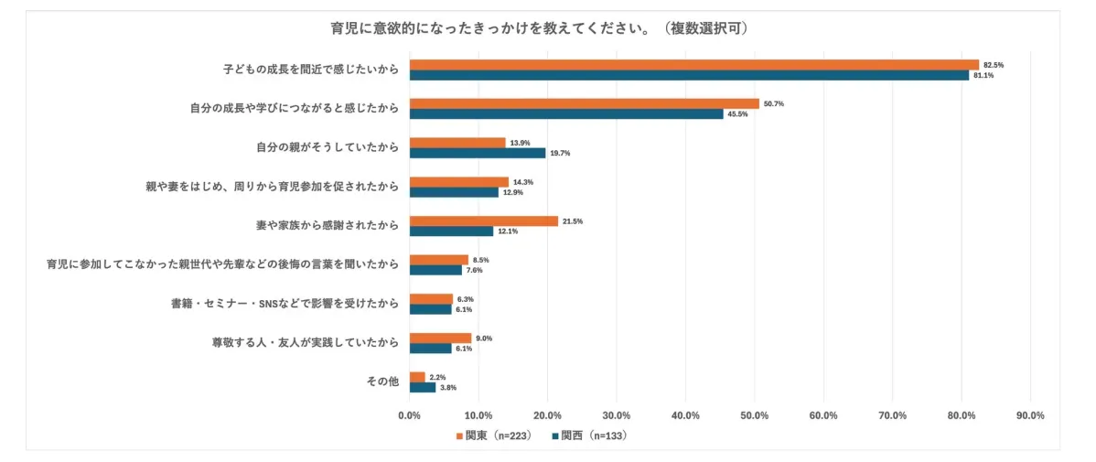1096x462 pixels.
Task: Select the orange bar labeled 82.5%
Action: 693,65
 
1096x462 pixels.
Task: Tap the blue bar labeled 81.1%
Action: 689,75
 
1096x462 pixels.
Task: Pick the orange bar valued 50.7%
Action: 584,103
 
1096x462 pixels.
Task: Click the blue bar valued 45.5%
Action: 566,114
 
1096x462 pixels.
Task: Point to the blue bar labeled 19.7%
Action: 478,153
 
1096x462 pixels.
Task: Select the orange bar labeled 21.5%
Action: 483,221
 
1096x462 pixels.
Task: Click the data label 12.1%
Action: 507,231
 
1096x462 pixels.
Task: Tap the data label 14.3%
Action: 523,182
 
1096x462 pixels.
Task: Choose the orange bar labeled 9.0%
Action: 440,338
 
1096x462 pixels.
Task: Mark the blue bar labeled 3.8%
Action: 423,387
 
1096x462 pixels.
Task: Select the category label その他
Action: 382,381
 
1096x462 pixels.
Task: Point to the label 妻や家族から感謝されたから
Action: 327,225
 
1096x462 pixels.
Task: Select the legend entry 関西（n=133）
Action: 590,435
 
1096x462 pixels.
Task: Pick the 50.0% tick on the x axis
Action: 754,415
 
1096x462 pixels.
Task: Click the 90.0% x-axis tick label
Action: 1030,415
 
